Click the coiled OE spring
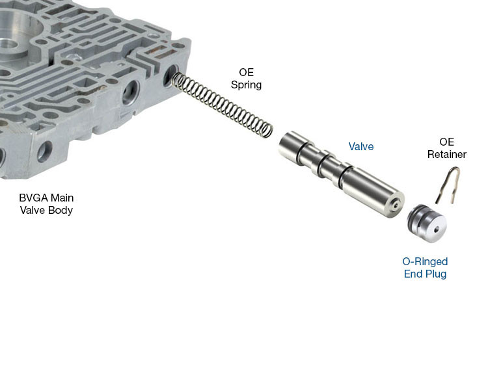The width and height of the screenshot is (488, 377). (221, 105)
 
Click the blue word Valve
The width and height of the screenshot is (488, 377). (360, 147)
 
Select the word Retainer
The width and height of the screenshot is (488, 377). (446, 155)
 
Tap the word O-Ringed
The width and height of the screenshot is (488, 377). (425, 262)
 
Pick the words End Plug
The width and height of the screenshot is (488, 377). (425, 274)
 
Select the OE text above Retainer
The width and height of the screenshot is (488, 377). (446, 142)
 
